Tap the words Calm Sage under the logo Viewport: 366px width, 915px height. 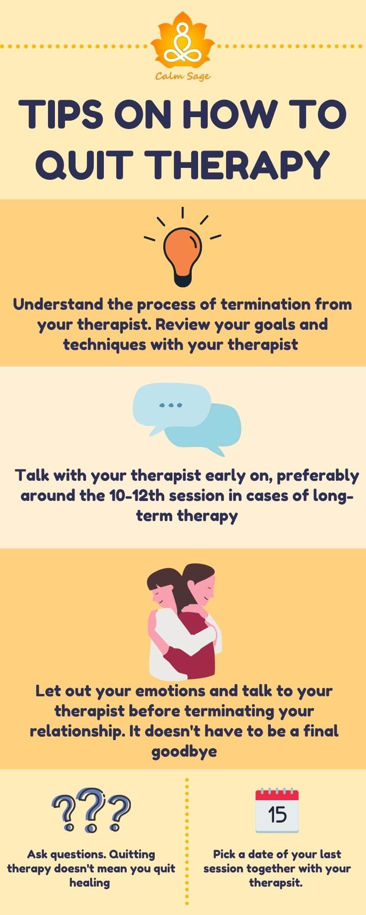pyautogui.click(x=183, y=76)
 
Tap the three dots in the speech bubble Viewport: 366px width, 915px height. pyautogui.click(x=170, y=405)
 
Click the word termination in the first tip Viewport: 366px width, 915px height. pyautogui.click(x=265, y=304)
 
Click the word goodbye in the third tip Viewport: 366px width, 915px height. pyautogui.click(x=184, y=751)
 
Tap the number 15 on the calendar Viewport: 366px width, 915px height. pyautogui.click(x=277, y=815)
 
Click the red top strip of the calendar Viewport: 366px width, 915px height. pyautogui.click(x=277, y=795)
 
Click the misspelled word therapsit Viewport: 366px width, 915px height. pyautogui.click(x=276, y=883)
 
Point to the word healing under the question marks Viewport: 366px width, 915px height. pyautogui.click(x=90, y=883)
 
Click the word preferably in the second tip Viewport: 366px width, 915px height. pyautogui.click(x=318, y=475)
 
